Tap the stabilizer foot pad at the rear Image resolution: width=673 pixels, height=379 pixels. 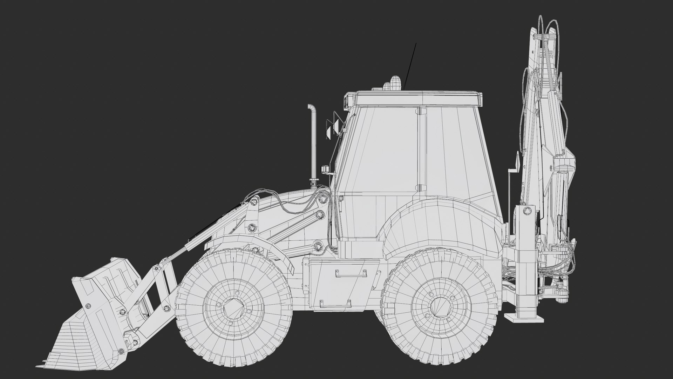coord(524,317)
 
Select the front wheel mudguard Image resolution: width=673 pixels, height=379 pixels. coord(245,242)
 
